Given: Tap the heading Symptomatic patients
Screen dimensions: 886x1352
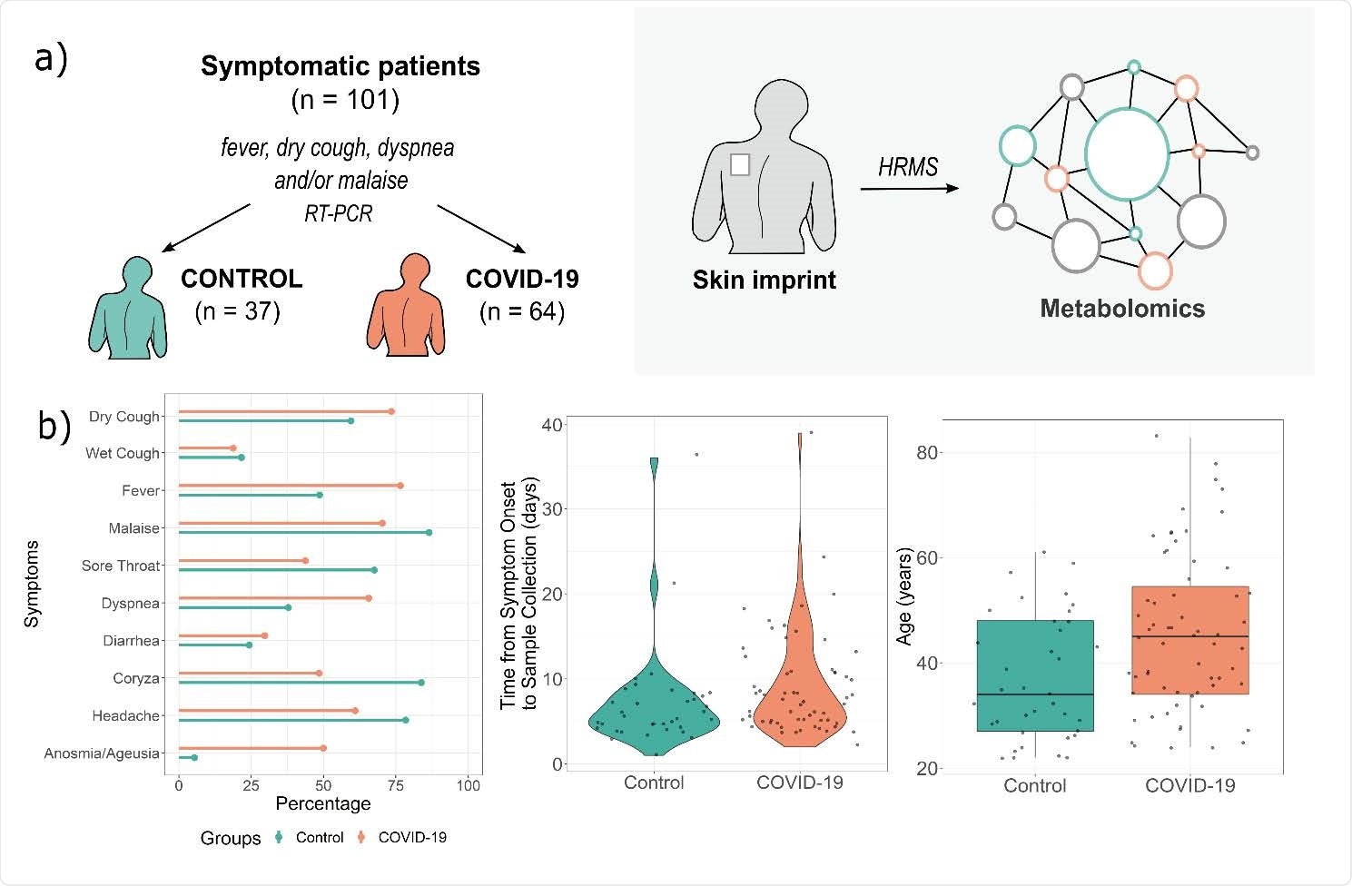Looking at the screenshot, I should click(340, 66).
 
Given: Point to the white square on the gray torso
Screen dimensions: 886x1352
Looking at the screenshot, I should click(740, 164).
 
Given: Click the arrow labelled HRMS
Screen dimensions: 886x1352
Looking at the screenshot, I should click(909, 188).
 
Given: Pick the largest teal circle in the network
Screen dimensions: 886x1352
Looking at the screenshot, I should click(1127, 153).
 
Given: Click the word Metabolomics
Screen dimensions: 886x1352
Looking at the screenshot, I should click(1122, 309).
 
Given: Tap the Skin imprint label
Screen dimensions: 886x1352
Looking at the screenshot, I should click(764, 280).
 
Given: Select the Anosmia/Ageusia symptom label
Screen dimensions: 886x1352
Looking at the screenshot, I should click(102, 753).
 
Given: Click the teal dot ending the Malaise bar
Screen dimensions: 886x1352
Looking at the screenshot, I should click(429, 533).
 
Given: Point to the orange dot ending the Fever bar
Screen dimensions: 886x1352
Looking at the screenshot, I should click(400, 486).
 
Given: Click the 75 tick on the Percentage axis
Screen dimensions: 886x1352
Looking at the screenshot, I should click(395, 785).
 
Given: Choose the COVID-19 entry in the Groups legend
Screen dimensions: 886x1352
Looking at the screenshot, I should click(411, 837).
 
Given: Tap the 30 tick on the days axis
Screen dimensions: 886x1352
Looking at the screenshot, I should click(550, 509).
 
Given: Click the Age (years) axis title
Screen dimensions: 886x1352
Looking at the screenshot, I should click(904, 596).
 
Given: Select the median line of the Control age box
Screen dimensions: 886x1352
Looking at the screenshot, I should click(1035, 694).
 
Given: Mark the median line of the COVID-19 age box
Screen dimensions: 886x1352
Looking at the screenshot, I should click(1190, 636).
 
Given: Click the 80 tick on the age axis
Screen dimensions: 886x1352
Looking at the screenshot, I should click(926, 453).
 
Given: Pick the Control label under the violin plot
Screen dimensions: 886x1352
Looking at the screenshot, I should click(654, 783).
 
